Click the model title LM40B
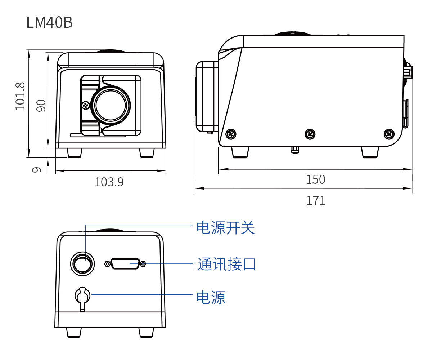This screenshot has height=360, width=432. click(x=50, y=23)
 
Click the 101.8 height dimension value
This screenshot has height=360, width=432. click(x=20, y=97)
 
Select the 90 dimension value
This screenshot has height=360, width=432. click(x=41, y=106)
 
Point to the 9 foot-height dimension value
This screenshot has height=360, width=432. click(x=36, y=169)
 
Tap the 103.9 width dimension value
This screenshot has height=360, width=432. click(x=109, y=182)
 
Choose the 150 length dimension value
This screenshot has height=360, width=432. click(x=315, y=179)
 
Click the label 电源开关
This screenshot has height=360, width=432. click(x=225, y=228)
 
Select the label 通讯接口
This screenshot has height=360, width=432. click(x=226, y=264)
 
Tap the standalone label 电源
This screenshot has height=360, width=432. click(x=211, y=298)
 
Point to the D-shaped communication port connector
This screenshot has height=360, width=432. click(x=125, y=264)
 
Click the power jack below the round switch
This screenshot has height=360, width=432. click(x=82, y=296)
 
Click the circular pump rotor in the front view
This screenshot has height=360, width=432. click(x=111, y=106)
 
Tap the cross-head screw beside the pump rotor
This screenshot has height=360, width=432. click(x=86, y=106)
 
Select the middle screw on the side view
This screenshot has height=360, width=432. click(x=310, y=134)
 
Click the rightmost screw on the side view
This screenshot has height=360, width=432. click(x=389, y=134)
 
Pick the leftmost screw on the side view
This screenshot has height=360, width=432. click(x=231, y=134)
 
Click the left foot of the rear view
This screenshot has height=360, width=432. click(x=74, y=332)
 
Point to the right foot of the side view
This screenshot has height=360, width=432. click(x=370, y=152)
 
